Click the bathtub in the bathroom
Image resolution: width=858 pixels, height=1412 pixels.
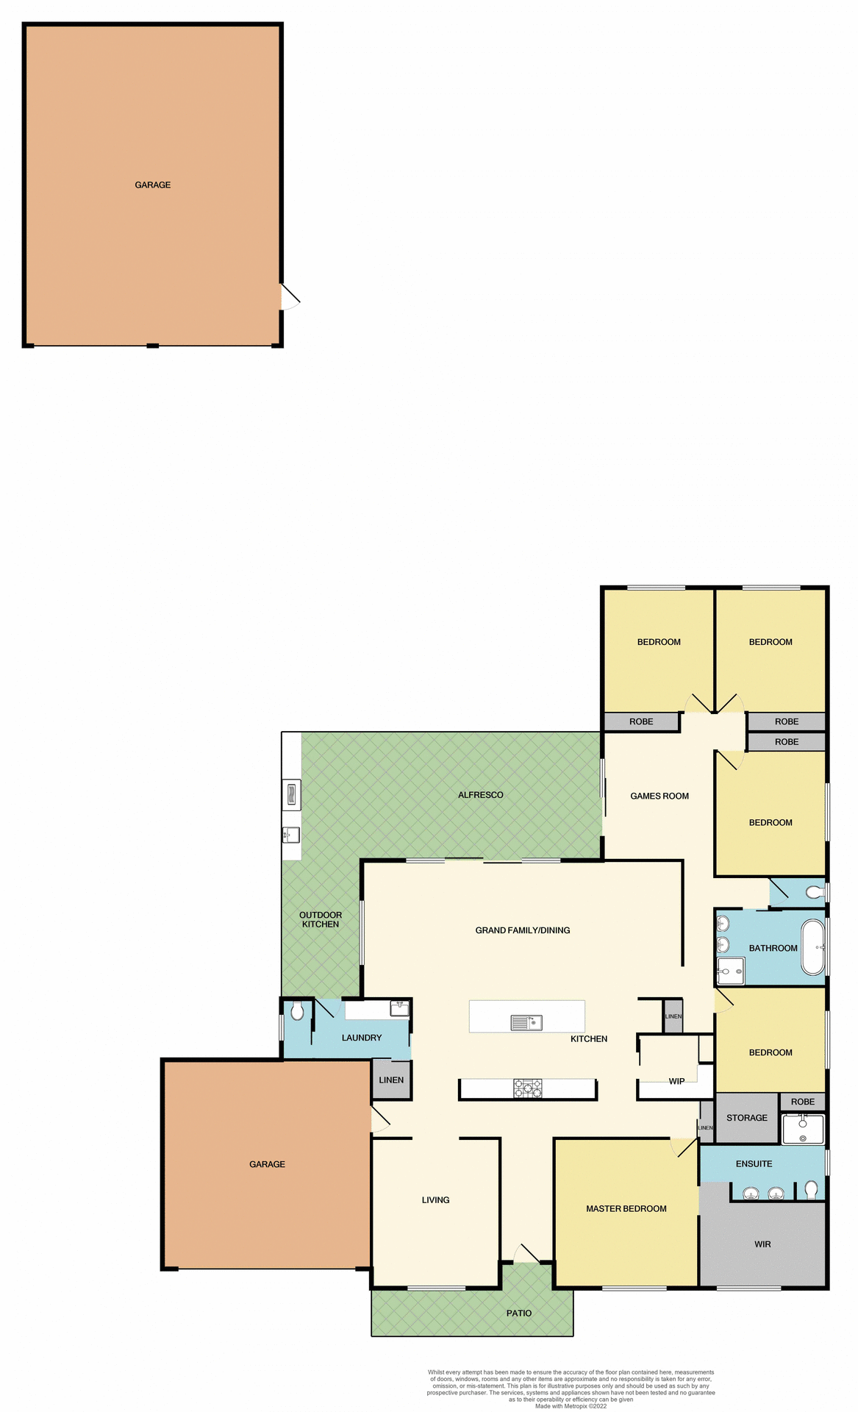[813, 947]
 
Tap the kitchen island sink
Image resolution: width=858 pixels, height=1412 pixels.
[526, 1022]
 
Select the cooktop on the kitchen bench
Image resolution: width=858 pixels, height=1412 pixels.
[528, 1088]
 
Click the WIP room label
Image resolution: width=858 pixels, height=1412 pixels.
[676, 1081]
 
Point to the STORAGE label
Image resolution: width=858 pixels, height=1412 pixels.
[746, 1118]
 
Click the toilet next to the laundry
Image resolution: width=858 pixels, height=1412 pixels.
[297, 1012]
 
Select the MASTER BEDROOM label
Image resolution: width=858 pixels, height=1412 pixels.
[626, 1208]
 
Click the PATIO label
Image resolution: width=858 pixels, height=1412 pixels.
[518, 1313]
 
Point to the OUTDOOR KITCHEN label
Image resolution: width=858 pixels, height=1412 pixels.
[321, 919]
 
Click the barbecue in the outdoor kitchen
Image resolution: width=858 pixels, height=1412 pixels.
[291, 795]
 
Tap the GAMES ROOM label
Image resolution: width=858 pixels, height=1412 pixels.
[659, 796]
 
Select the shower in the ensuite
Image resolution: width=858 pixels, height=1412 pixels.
[803, 1129]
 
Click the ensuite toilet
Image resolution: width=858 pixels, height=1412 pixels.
[811, 1189]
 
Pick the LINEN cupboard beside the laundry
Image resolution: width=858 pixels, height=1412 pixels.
[391, 1080]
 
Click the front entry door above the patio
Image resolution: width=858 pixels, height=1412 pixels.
[526, 1254]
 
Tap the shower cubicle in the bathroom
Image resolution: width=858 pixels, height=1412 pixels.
[730, 971]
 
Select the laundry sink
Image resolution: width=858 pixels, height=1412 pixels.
[399, 1008]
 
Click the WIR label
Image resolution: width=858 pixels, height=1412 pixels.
[762, 1244]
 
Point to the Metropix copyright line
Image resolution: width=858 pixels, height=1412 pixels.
[571, 1406]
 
